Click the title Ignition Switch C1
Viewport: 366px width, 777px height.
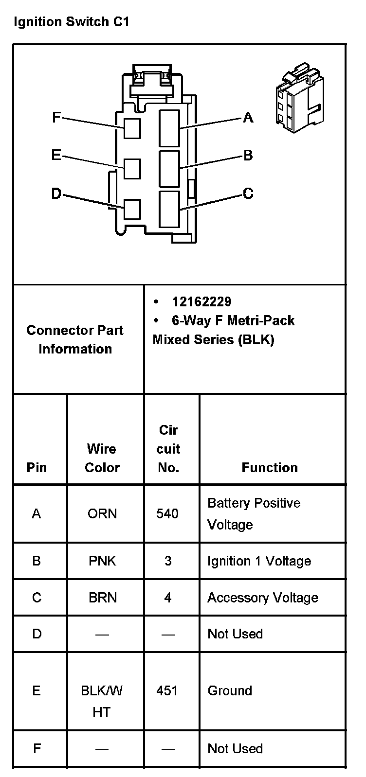coord(72,22)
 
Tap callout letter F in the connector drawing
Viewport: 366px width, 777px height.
coord(56,117)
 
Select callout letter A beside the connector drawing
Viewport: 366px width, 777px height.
coord(248,117)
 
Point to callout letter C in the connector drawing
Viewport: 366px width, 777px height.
coord(248,194)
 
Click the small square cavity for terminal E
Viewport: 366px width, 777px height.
coord(132,169)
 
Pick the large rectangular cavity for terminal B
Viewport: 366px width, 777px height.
coord(169,168)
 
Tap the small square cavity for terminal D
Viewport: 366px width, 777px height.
coord(132,209)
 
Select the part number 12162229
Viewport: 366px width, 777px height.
coord(201,302)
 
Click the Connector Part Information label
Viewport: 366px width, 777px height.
coord(75,339)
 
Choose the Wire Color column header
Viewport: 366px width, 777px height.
coord(102,458)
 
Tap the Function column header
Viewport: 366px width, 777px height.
coord(270,468)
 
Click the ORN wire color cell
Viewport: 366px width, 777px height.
coord(102,514)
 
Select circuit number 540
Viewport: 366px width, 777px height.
coord(167,514)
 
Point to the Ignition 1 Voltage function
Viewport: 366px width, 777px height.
coord(259,561)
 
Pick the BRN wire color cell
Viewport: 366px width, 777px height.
coord(103,598)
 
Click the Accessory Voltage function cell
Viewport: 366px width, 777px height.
coord(263,598)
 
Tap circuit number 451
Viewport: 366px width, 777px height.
coord(167,691)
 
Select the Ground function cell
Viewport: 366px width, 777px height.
coord(230,691)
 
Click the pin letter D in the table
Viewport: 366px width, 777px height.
coord(37,634)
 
